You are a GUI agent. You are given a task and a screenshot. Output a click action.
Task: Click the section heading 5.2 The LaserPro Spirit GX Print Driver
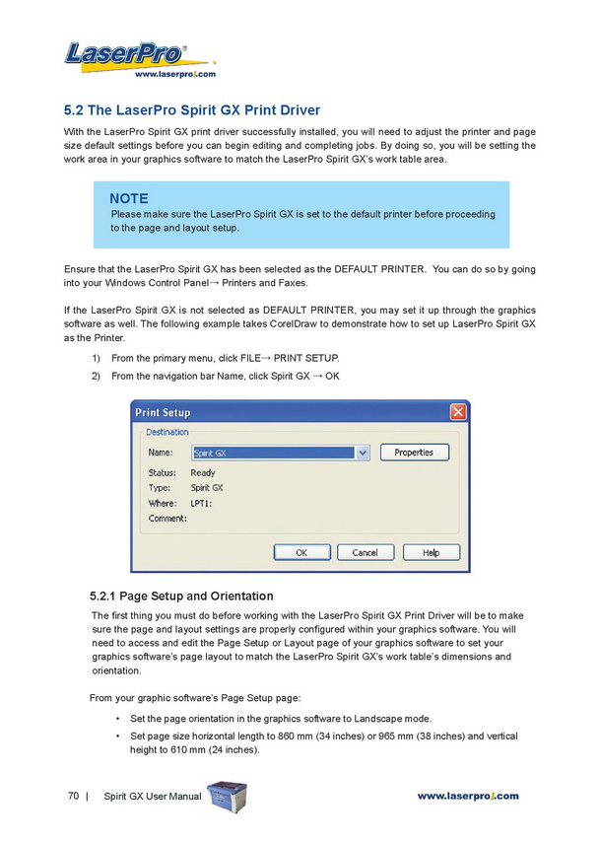(x=192, y=109)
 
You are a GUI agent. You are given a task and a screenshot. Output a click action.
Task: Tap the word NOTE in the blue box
(x=129, y=198)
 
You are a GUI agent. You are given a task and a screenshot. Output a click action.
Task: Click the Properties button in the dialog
(x=414, y=453)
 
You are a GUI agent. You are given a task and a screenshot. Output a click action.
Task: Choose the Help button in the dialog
(x=431, y=553)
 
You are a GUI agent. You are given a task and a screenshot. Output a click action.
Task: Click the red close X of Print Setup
(x=458, y=412)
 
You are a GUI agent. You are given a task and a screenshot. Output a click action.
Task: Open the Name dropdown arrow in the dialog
(x=363, y=453)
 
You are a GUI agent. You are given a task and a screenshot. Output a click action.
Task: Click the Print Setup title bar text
(x=163, y=412)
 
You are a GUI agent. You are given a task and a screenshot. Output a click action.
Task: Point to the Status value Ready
(x=203, y=473)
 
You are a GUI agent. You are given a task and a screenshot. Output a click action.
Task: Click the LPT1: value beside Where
(x=201, y=503)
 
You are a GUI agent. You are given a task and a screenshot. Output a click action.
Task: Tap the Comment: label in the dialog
(x=167, y=519)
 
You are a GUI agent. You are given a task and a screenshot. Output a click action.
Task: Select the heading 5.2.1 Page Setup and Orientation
(x=180, y=596)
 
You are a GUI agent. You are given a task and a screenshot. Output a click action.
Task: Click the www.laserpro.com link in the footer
(x=467, y=796)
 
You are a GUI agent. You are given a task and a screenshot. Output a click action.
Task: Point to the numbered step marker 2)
(x=97, y=376)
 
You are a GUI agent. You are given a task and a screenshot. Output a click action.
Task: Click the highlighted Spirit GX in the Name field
(x=210, y=454)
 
